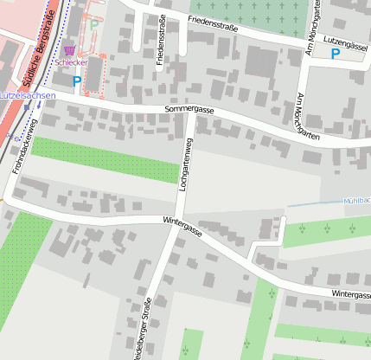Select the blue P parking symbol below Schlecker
[x=76, y=81]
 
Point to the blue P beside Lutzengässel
[x=335, y=54]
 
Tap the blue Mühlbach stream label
[x=357, y=200]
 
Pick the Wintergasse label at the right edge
[x=349, y=295]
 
